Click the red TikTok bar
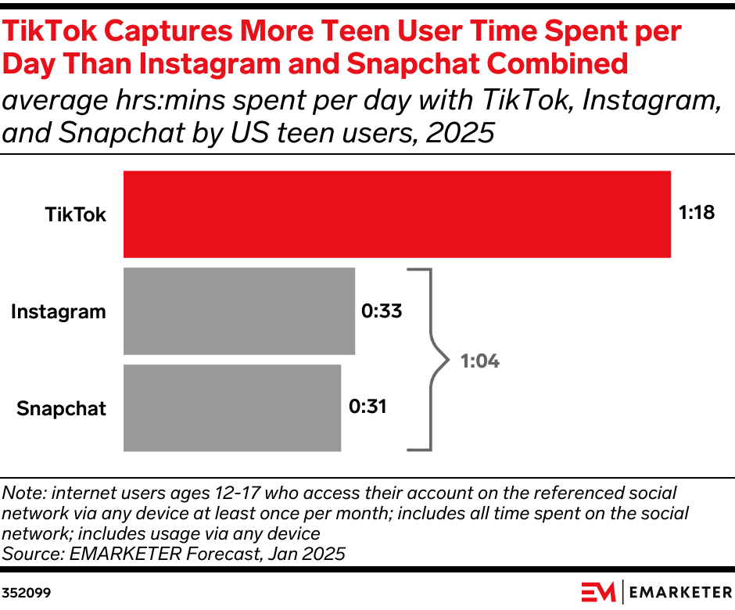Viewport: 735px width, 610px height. point(397,213)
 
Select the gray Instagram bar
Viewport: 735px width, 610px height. point(239,311)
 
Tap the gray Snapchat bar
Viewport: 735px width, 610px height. point(232,407)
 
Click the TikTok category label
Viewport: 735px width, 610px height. point(76,214)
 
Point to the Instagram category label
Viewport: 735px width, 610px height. point(59,311)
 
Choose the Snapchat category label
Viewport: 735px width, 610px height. point(62,408)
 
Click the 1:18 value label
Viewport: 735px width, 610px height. point(697,213)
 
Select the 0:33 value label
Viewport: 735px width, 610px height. point(382,310)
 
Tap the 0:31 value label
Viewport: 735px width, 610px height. point(367,407)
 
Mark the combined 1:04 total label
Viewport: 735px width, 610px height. point(479,361)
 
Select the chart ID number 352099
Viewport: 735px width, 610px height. point(27,593)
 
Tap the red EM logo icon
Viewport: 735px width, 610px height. point(598,592)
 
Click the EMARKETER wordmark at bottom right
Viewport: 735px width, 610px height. point(678,593)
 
